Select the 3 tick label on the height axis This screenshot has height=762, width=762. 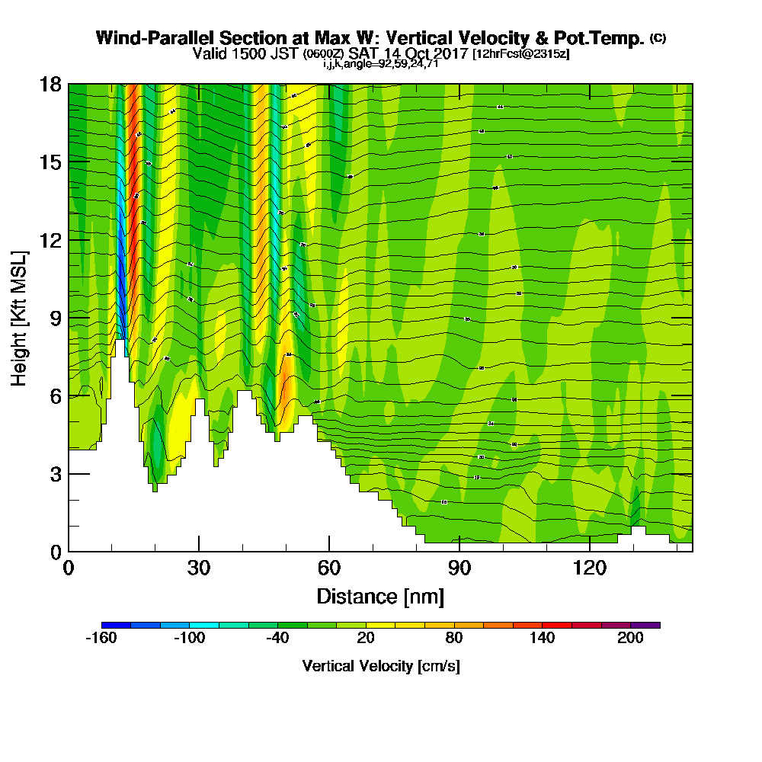click(56, 473)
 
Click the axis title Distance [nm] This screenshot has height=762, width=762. click(380, 595)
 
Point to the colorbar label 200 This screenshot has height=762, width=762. click(631, 639)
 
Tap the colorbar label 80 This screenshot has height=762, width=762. click(454, 639)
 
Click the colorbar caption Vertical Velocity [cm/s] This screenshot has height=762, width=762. click(380, 666)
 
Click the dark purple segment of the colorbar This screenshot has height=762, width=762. click(645, 625)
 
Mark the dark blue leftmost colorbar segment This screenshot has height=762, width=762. click(116, 625)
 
